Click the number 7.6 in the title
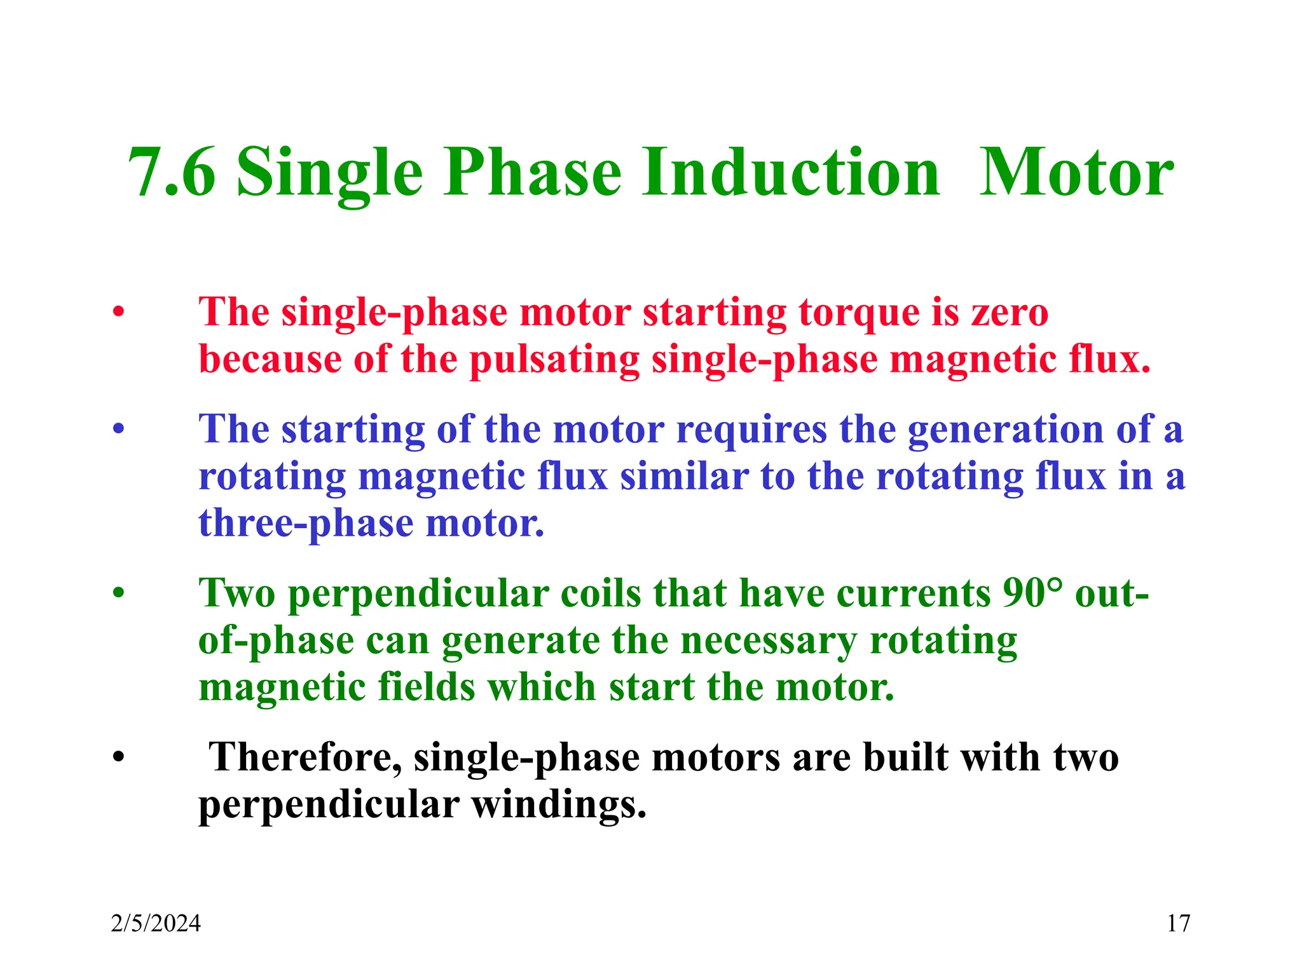pyautogui.click(x=172, y=173)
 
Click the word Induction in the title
pyautogui.click(x=790, y=173)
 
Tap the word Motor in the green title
pyautogui.click(x=1076, y=173)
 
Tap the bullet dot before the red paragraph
pyautogui.click(x=118, y=313)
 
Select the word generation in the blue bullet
pyautogui.click(x=1006, y=430)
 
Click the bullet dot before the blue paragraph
pyautogui.click(x=118, y=430)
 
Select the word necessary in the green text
pyautogui.click(x=769, y=640)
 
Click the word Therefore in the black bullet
pyautogui.click(x=306, y=757)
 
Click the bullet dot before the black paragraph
pyautogui.click(x=118, y=757)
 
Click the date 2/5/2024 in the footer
pyautogui.click(x=156, y=923)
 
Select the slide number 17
pyautogui.click(x=1178, y=923)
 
